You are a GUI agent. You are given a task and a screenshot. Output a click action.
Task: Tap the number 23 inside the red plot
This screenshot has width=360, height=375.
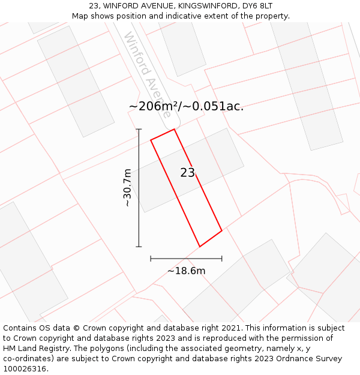[x=188, y=173]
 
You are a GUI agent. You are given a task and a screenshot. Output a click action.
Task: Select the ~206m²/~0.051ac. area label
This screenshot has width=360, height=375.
[x=186, y=106]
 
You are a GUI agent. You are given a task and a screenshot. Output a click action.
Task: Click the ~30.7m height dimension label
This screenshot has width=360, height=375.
[x=127, y=188]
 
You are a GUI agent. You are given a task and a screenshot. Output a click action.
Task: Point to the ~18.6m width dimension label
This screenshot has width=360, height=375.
[x=186, y=271]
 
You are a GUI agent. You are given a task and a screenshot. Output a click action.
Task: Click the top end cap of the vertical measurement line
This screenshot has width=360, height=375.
[x=139, y=129]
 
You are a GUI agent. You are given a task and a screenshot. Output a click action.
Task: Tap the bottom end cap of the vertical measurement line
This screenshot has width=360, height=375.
[x=139, y=247]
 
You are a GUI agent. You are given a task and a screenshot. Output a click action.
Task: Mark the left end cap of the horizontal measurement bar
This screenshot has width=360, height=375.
[x=151, y=259]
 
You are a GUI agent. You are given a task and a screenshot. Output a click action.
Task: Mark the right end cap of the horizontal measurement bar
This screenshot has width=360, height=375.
[x=222, y=259]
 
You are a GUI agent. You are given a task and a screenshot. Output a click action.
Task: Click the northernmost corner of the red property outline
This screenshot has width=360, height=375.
[x=174, y=129]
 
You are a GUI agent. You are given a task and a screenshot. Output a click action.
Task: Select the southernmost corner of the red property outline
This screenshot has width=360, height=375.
[x=200, y=247]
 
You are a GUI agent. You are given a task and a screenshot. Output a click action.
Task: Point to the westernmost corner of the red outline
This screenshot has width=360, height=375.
[x=151, y=140]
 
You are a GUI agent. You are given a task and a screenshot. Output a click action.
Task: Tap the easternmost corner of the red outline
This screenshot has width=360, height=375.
[x=222, y=230]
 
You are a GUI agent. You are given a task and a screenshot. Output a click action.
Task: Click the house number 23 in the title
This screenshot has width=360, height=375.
[x=94, y=5]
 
